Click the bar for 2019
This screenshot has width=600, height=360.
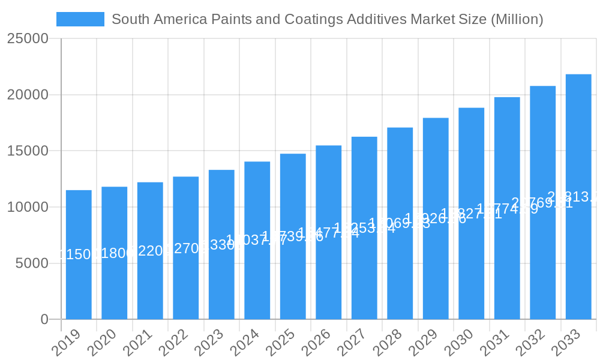point(79,254)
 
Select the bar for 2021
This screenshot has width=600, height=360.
point(150,251)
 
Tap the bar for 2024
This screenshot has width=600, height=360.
point(257,240)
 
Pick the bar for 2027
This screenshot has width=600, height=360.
point(364,228)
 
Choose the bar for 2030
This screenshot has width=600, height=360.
point(472,214)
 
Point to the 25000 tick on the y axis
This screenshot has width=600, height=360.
point(28,39)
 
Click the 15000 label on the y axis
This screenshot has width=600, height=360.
point(28,151)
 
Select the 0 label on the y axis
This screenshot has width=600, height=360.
point(44,320)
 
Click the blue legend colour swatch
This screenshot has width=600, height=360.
point(80,19)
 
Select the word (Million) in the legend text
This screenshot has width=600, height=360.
point(517,19)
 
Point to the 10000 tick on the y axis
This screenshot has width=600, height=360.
point(28,207)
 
